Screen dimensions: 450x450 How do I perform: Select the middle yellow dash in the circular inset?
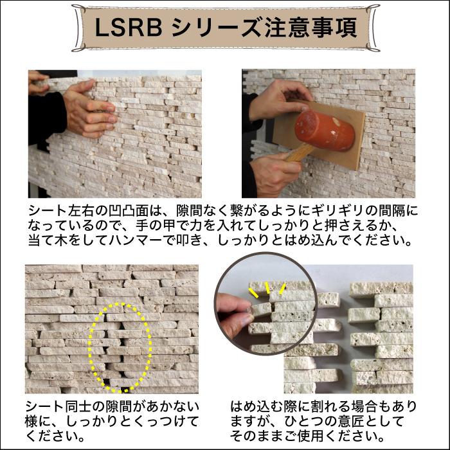pyautogui.click(x=267, y=287)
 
